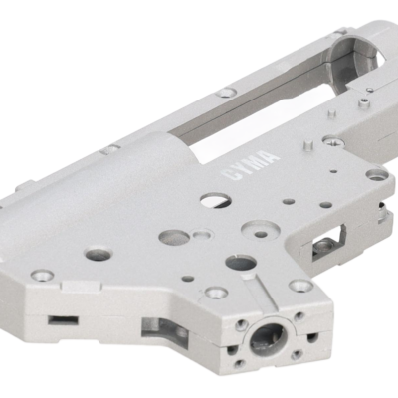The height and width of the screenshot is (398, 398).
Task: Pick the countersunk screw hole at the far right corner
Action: tap(375, 174)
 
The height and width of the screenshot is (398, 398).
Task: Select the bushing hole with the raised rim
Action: tap(261, 234)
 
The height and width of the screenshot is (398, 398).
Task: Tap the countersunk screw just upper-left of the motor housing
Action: tap(215, 293)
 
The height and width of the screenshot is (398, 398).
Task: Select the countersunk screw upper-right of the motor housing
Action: tap(300, 286)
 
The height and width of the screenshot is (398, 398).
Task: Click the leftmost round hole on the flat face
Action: tap(98, 254)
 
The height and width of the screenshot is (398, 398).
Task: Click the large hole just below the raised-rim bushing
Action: tap(240, 263)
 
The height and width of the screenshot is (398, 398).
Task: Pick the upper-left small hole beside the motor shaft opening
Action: tap(242, 324)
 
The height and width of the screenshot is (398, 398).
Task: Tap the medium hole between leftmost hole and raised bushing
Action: tap(173, 238)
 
